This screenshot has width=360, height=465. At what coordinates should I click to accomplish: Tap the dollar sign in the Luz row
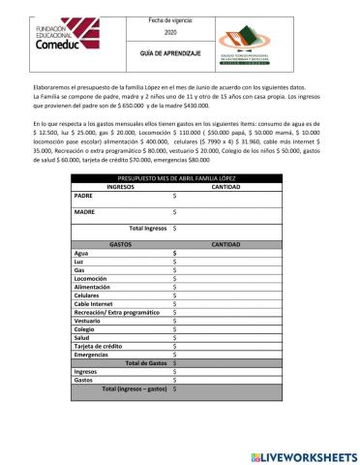[x=174, y=262]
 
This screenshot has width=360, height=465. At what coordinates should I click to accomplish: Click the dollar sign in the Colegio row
[x=174, y=329]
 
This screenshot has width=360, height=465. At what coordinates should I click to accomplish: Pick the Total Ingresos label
[x=141, y=229]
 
